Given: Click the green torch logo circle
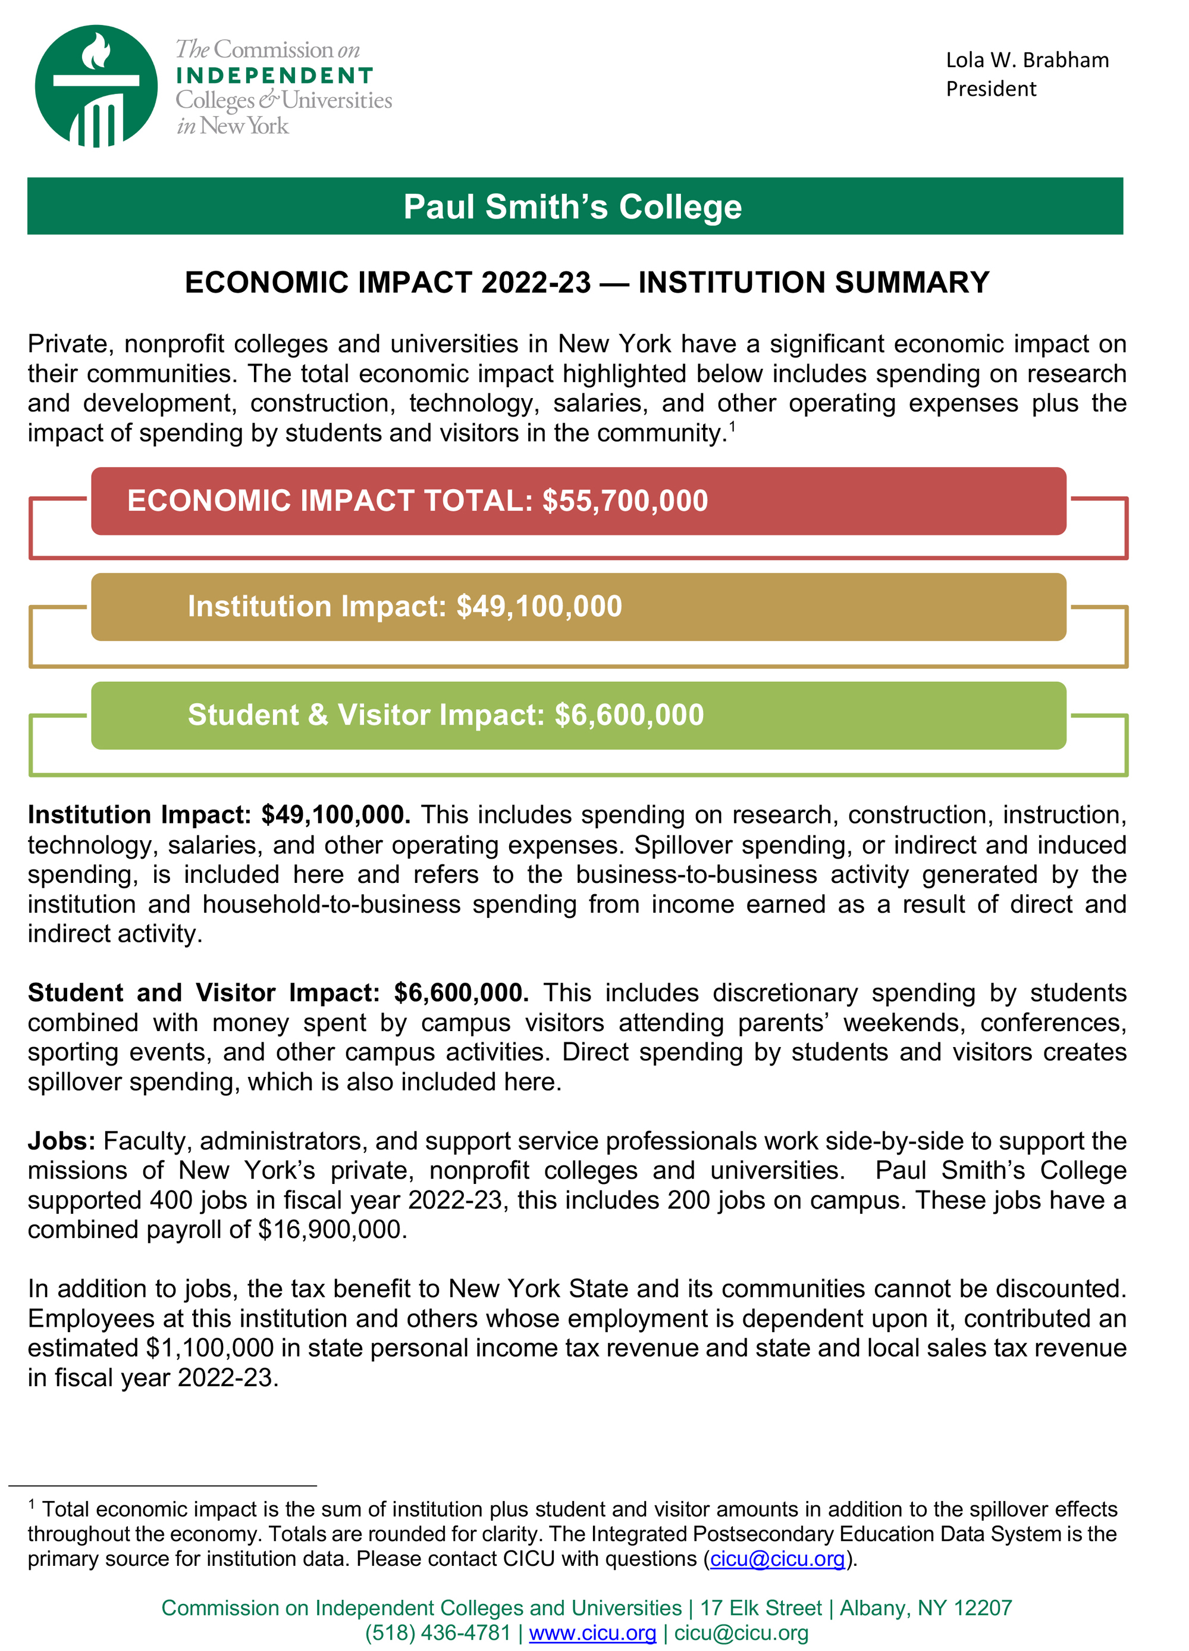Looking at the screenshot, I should [x=96, y=86].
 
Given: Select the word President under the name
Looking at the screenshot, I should [x=990, y=89].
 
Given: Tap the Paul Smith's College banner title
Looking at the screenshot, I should [x=573, y=206].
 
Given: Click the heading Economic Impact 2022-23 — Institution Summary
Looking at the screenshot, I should [x=586, y=283].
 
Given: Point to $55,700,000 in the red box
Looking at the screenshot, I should [x=625, y=501].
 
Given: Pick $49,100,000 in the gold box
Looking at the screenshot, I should [x=539, y=606].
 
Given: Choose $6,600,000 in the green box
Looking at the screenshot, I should [x=629, y=715].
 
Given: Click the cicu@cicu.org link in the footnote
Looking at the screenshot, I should [x=777, y=1559].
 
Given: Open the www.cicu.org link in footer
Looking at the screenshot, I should [x=592, y=1633].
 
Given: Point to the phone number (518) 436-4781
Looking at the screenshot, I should [x=437, y=1633].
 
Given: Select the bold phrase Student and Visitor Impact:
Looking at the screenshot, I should [x=204, y=993].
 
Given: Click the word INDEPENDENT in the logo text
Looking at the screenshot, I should [x=275, y=76].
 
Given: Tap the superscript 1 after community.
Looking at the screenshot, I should [x=732, y=427].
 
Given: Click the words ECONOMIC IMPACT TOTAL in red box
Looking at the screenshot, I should [x=330, y=501].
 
